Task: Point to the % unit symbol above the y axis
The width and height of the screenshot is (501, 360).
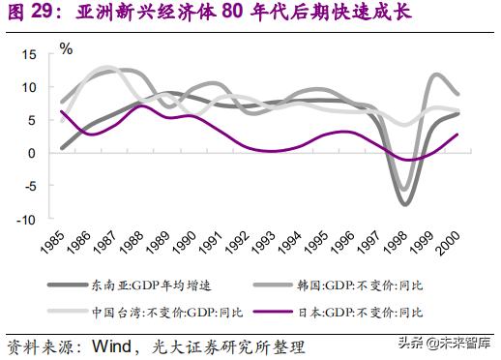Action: [x=67, y=46]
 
